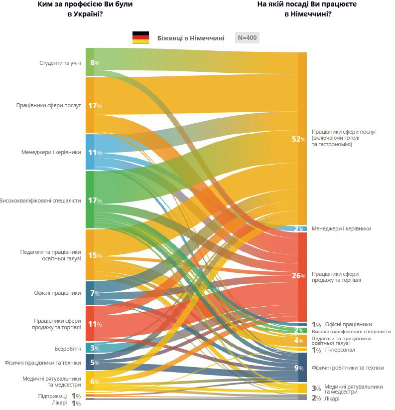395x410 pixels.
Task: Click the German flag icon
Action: pyautogui.click(x=140, y=37)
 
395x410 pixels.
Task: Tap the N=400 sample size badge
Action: pyautogui.click(x=247, y=38)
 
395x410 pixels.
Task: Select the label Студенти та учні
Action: pyautogui.click(x=60, y=63)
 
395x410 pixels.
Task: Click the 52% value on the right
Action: pyautogui.click(x=298, y=139)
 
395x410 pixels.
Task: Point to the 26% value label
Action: pyautogui.click(x=298, y=276)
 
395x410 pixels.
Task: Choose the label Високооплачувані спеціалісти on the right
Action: pyautogui.click(x=351, y=331)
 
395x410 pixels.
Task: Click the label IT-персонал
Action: pyautogui.click(x=340, y=350)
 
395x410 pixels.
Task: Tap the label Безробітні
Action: pyautogui.click(x=67, y=348)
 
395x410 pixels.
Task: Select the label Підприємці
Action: pyautogui.click(x=52, y=396)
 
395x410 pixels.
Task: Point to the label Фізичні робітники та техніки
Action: pyautogui.click(x=348, y=368)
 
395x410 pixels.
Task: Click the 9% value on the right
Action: pyautogui.click(x=299, y=368)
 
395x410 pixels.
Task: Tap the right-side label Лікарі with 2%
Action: pyautogui.click(x=332, y=399)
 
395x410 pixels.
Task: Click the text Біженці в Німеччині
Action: pyautogui.click(x=190, y=38)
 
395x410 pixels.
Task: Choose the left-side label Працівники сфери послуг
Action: pyautogui.click(x=48, y=106)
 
